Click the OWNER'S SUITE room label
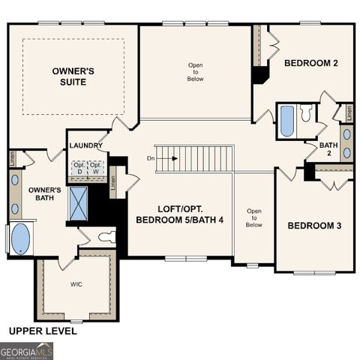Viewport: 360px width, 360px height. (x=73, y=76)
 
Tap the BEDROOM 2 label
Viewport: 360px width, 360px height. (x=310, y=64)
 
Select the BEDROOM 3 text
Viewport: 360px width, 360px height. (x=314, y=225)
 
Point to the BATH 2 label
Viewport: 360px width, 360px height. (x=328, y=148)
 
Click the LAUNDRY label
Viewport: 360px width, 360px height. (x=85, y=145)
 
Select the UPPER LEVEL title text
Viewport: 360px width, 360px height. (x=42, y=331)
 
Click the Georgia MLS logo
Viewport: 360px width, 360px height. (x=27, y=350)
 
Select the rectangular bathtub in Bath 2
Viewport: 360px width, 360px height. (x=287, y=121)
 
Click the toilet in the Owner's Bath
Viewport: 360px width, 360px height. (x=106, y=238)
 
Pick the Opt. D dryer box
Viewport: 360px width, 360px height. (x=79, y=167)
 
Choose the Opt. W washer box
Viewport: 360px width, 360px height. (x=96, y=167)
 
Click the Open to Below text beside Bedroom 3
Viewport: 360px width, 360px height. (x=253, y=217)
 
